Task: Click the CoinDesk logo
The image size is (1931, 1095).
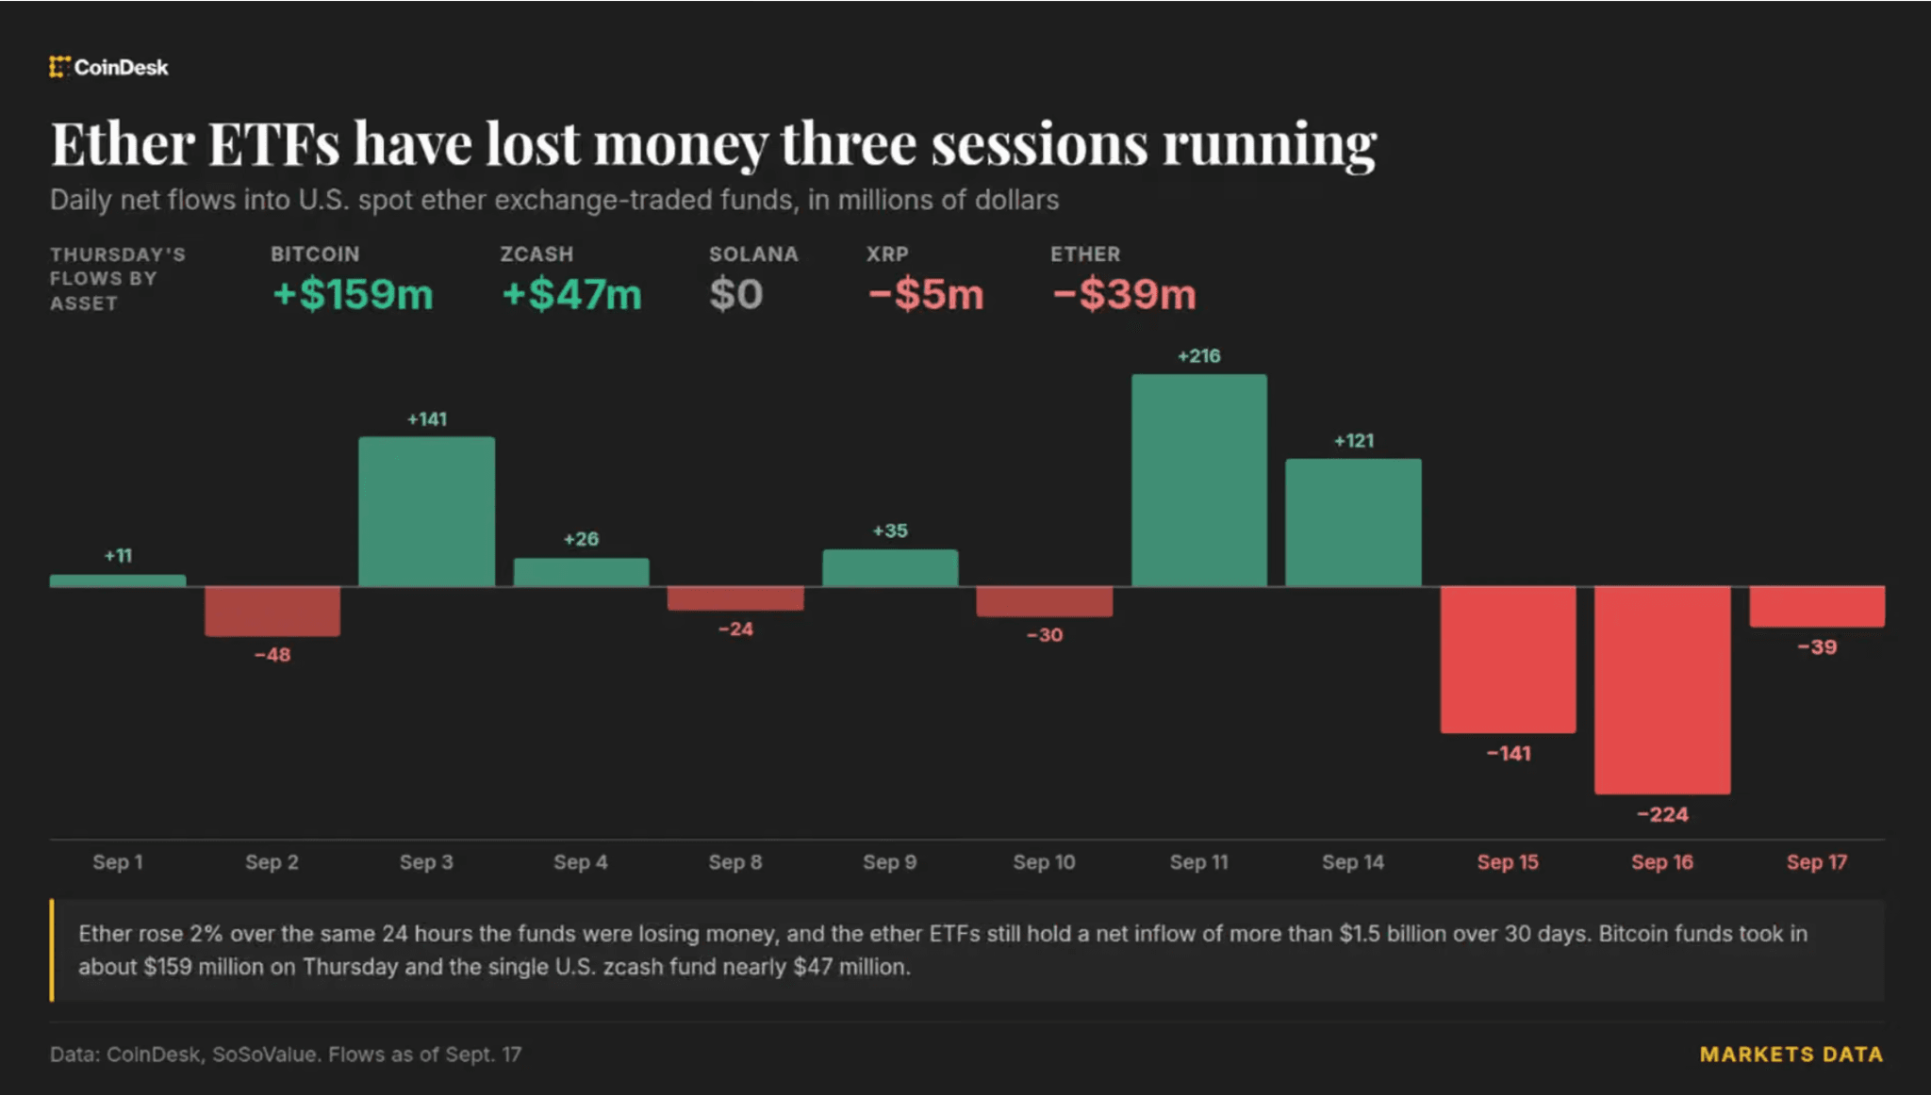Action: tap(108, 67)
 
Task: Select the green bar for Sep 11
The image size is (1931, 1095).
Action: tap(1198, 480)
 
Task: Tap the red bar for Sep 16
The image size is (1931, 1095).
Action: tap(1662, 690)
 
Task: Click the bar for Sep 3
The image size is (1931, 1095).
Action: tap(426, 511)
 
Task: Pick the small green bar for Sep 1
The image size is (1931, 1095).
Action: tap(118, 580)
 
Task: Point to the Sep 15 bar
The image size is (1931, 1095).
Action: tap(1508, 659)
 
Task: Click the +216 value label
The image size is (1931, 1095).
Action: tap(1198, 356)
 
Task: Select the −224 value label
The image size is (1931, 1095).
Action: tap(1662, 814)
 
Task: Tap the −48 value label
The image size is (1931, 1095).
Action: tap(272, 654)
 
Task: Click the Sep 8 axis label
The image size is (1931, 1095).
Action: tap(735, 861)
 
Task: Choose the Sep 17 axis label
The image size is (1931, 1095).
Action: tap(1817, 861)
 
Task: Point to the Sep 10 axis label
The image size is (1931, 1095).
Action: tap(1044, 861)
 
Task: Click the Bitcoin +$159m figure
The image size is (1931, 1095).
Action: tap(353, 294)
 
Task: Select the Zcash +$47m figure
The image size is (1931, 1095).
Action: tap(571, 294)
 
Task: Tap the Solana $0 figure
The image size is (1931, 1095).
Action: tap(735, 294)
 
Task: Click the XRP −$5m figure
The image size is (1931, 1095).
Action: tap(926, 294)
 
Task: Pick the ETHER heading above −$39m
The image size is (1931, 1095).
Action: tap(1085, 254)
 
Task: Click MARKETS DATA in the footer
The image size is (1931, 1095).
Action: tap(1791, 1054)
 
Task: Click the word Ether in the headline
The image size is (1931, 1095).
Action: tap(123, 144)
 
